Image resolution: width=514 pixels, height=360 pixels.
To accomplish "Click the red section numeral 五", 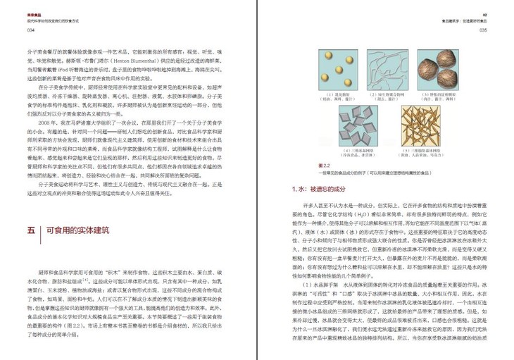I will point(31,230).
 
